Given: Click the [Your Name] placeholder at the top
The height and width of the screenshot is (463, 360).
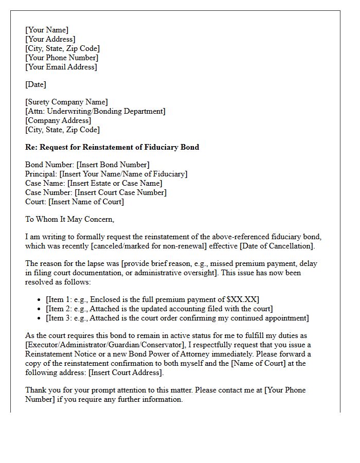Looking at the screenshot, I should click(x=47, y=30).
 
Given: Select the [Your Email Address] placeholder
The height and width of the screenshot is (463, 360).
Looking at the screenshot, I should click(x=61, y=67).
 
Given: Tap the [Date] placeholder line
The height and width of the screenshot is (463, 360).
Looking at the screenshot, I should click(x=35, y=84).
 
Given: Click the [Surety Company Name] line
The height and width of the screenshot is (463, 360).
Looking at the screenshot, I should click(x=66, y=102).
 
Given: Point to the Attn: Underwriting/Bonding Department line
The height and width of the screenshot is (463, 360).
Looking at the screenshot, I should click(x=95, y=111).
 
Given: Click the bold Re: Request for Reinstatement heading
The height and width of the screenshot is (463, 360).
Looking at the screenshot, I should click(x=112, y=147).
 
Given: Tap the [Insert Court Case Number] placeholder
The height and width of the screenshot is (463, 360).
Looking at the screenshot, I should click(x=120, y=192).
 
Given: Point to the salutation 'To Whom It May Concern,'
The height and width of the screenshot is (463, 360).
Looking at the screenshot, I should click(x=69, y=219).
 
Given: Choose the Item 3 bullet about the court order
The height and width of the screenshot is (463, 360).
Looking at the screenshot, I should click(x=177, y=318).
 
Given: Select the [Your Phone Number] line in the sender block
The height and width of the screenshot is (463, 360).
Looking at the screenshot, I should click(x=62, y=58).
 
